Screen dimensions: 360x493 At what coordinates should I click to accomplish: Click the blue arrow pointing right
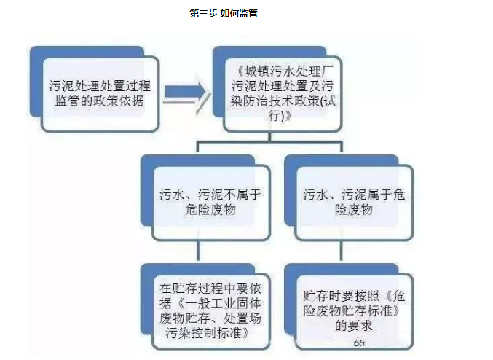[184, 93]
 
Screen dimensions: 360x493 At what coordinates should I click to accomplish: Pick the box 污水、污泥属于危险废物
[347, 202]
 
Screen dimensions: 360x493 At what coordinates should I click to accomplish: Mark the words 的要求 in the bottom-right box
[354, 326]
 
